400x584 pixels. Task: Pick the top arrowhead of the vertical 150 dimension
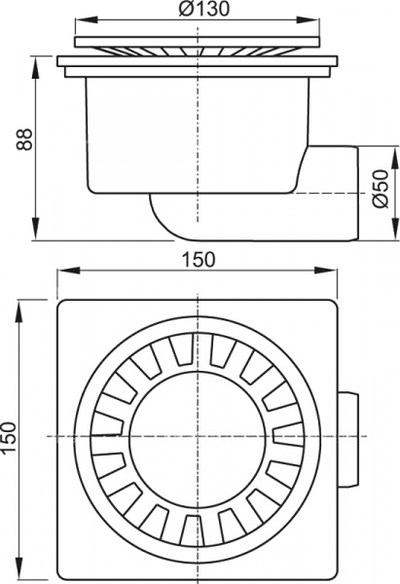19,304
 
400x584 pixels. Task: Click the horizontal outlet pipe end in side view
331,194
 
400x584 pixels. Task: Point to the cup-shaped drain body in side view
195,131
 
